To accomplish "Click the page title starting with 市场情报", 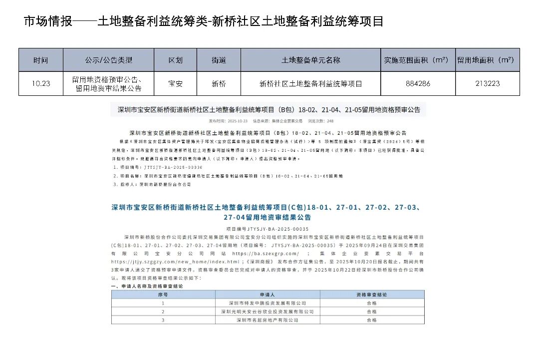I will point(204,21).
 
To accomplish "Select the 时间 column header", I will point(41,60).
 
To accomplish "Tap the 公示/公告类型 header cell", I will point(109,60).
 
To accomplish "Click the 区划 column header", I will point(175,60).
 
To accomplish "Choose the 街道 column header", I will point(219,60).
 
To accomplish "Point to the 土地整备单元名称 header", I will point(310,60).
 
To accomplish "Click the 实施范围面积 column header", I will point(418,60).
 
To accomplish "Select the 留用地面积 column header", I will point(487,60).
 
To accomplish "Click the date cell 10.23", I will point(41,84).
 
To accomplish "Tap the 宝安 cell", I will point(175,84).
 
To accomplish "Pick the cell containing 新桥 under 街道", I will point(219,84).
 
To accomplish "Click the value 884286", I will point(418,84).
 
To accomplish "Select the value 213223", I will point(487,84).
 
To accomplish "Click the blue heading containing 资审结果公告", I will point(267,212).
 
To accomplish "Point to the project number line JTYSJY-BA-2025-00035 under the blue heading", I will point(267,229).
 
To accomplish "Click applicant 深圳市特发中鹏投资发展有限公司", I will point(267,303).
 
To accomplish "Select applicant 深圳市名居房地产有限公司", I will point(267,320).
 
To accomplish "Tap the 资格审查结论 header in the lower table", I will point(371,295).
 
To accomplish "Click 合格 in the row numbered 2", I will point(371,312).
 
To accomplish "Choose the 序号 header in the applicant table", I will point(163,295).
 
